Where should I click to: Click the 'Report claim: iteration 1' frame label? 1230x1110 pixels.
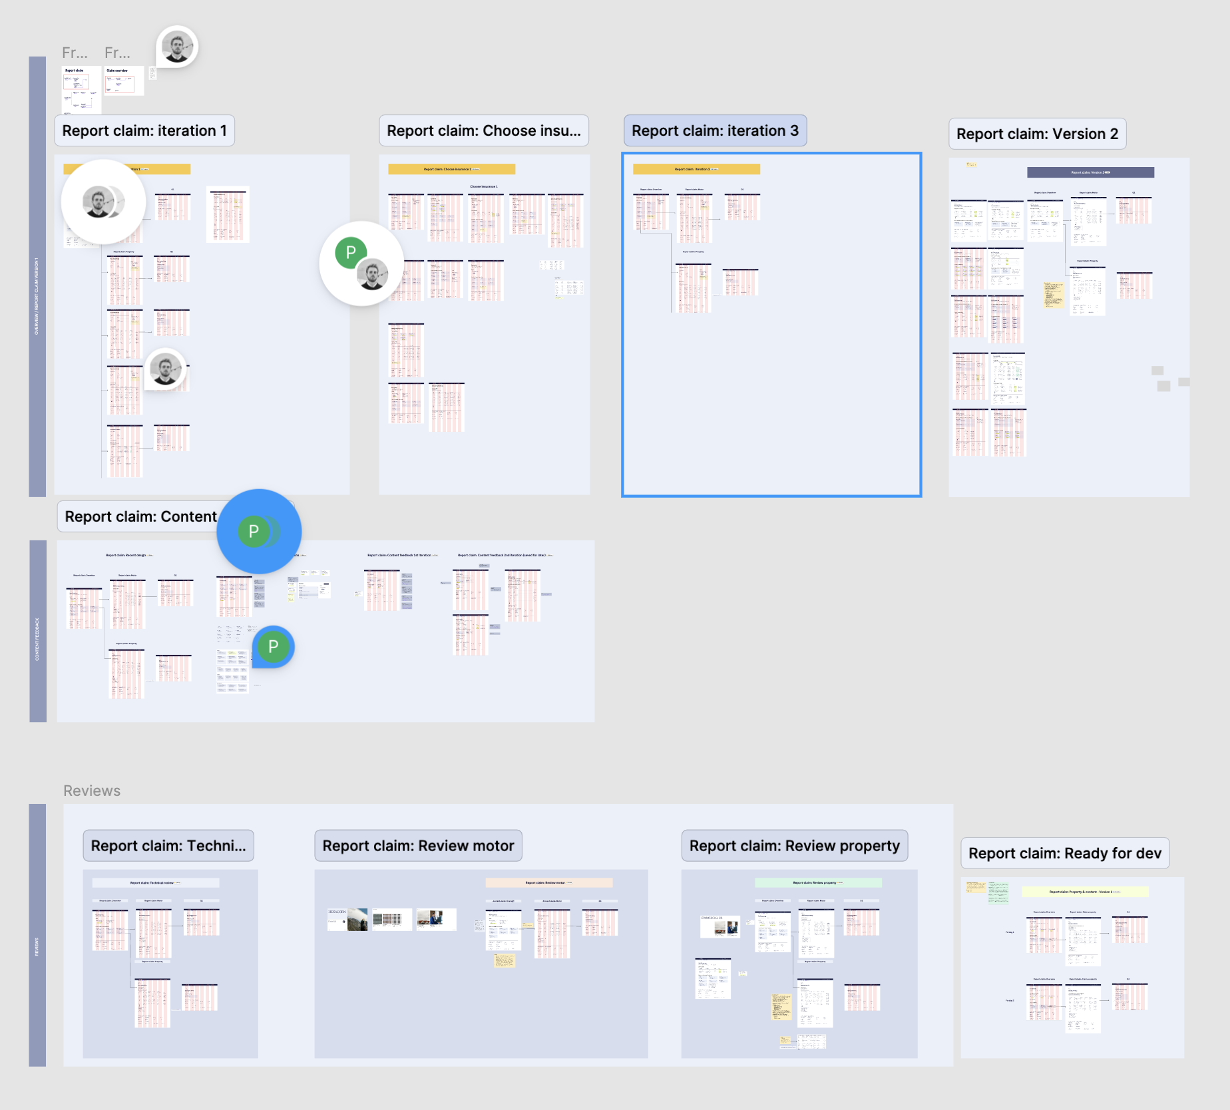pos(144,131)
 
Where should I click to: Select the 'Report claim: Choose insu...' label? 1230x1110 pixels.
pos(483,131)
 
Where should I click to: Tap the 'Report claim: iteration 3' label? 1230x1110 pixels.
pos(715,131)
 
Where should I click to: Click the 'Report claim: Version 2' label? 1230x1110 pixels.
pos(1037,134)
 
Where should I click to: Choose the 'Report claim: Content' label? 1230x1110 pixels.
pos(140,517)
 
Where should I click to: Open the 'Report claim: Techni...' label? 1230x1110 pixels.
pos(168,846)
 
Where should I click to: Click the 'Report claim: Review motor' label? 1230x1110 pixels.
pos(418,846)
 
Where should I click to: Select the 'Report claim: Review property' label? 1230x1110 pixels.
pos(794,846)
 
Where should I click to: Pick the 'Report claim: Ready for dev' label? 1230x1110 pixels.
pos(1064,854)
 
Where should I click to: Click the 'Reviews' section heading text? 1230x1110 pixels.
pos(92,791)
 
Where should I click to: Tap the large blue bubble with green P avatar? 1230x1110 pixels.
pos(258,531)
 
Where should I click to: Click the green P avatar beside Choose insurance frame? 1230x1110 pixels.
pos(351,252)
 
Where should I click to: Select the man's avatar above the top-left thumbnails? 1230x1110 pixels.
pos(177,47)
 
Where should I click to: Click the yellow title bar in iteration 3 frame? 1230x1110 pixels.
pos(696,170)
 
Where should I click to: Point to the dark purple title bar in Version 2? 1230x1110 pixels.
pos(1090,172)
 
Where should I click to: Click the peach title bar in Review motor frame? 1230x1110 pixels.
pos(548,883)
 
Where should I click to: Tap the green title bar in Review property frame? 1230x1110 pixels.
pos(818,883)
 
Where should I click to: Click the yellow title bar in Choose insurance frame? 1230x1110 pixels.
pos(451,170)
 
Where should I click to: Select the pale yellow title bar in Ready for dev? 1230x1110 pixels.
pos(1085,892)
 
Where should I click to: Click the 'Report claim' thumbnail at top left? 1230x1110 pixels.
pos(81,89)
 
